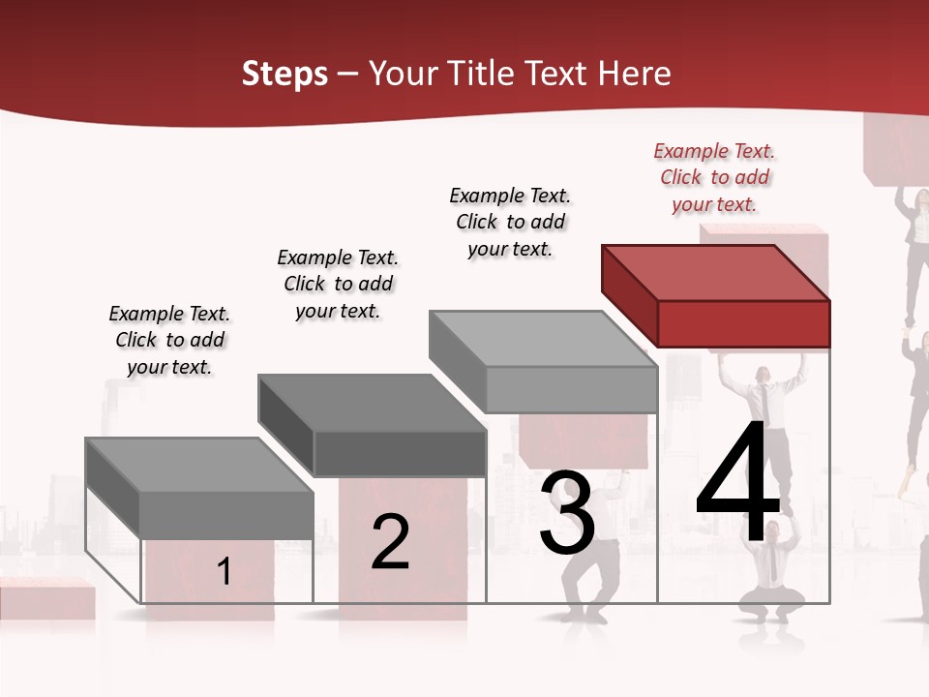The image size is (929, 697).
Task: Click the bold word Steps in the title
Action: [x=284, y=74]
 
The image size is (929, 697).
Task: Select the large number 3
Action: [x=567, y=513]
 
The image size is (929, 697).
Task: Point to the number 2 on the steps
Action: [x=390, y=542]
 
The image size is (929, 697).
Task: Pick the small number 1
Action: [x=224, y=571]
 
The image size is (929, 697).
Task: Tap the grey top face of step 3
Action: [x=543, y=339]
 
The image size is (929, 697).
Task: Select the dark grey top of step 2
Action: [x=372, y=403]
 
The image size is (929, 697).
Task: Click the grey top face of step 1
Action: [x=199, y=466]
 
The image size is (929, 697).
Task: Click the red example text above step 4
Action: [x=714, y=178]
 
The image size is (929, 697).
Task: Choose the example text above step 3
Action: [x=510, y=222]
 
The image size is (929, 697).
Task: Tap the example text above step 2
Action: [x=338, y=284]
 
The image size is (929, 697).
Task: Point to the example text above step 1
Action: [x=169, y=340]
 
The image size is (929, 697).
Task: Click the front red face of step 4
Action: [x=743, y=323]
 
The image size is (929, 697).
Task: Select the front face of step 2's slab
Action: [x=400, y=453]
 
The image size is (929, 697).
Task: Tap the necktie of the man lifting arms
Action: [x=764, y=399]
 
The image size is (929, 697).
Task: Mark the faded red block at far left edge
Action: [x=44, y=600]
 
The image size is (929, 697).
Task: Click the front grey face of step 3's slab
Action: [x=571, y=389]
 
